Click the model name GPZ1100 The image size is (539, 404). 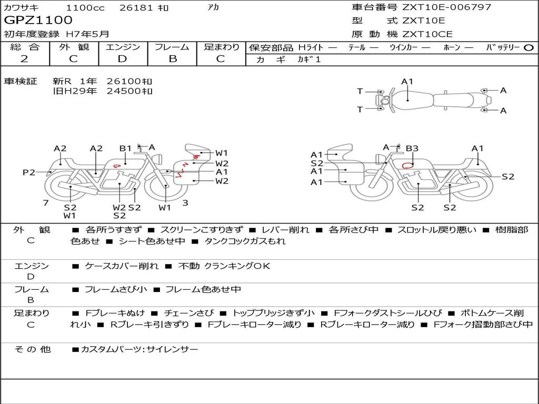[38, 21]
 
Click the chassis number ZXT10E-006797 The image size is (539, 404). [446, 7]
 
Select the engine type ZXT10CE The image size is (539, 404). [427, 34]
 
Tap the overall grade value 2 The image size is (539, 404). [24, 59]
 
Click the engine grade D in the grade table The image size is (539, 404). [122, 59]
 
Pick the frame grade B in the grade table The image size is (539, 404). [173, 59]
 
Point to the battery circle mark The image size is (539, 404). [528, 48]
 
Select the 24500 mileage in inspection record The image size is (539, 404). [124, 91]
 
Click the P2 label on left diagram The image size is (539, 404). [29, 172]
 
